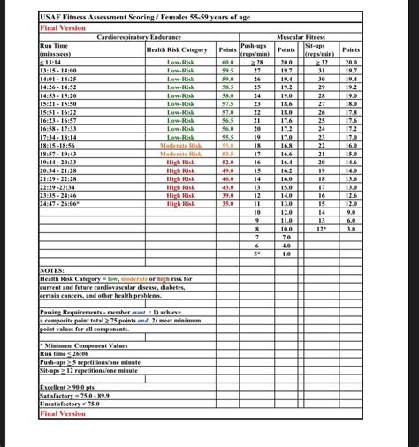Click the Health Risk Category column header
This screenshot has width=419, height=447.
(x=177, y=50)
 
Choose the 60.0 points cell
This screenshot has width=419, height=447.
(x=227, y=63)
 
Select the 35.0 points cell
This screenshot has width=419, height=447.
(x=227, y=204)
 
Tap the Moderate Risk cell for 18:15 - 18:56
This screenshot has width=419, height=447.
(x=181, y=146)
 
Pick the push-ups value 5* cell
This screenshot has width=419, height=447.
(x=258, y=254)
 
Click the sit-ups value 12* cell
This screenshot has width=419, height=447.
(x=322, y=229)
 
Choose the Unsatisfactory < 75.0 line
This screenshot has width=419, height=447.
(x=75, y=404)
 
